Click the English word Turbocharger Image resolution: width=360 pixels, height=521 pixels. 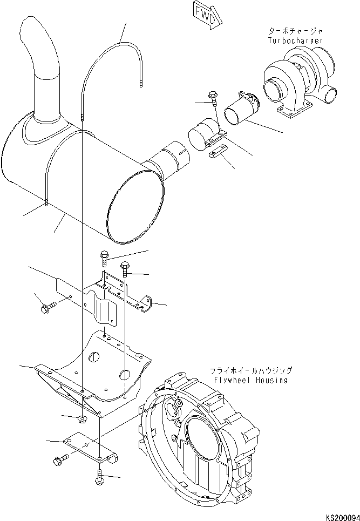point(295,40)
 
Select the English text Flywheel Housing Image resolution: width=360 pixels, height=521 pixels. point(251,380)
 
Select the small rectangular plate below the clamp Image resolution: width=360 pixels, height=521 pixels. point(218,152)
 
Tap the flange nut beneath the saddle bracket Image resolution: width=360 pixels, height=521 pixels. point(83,418)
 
